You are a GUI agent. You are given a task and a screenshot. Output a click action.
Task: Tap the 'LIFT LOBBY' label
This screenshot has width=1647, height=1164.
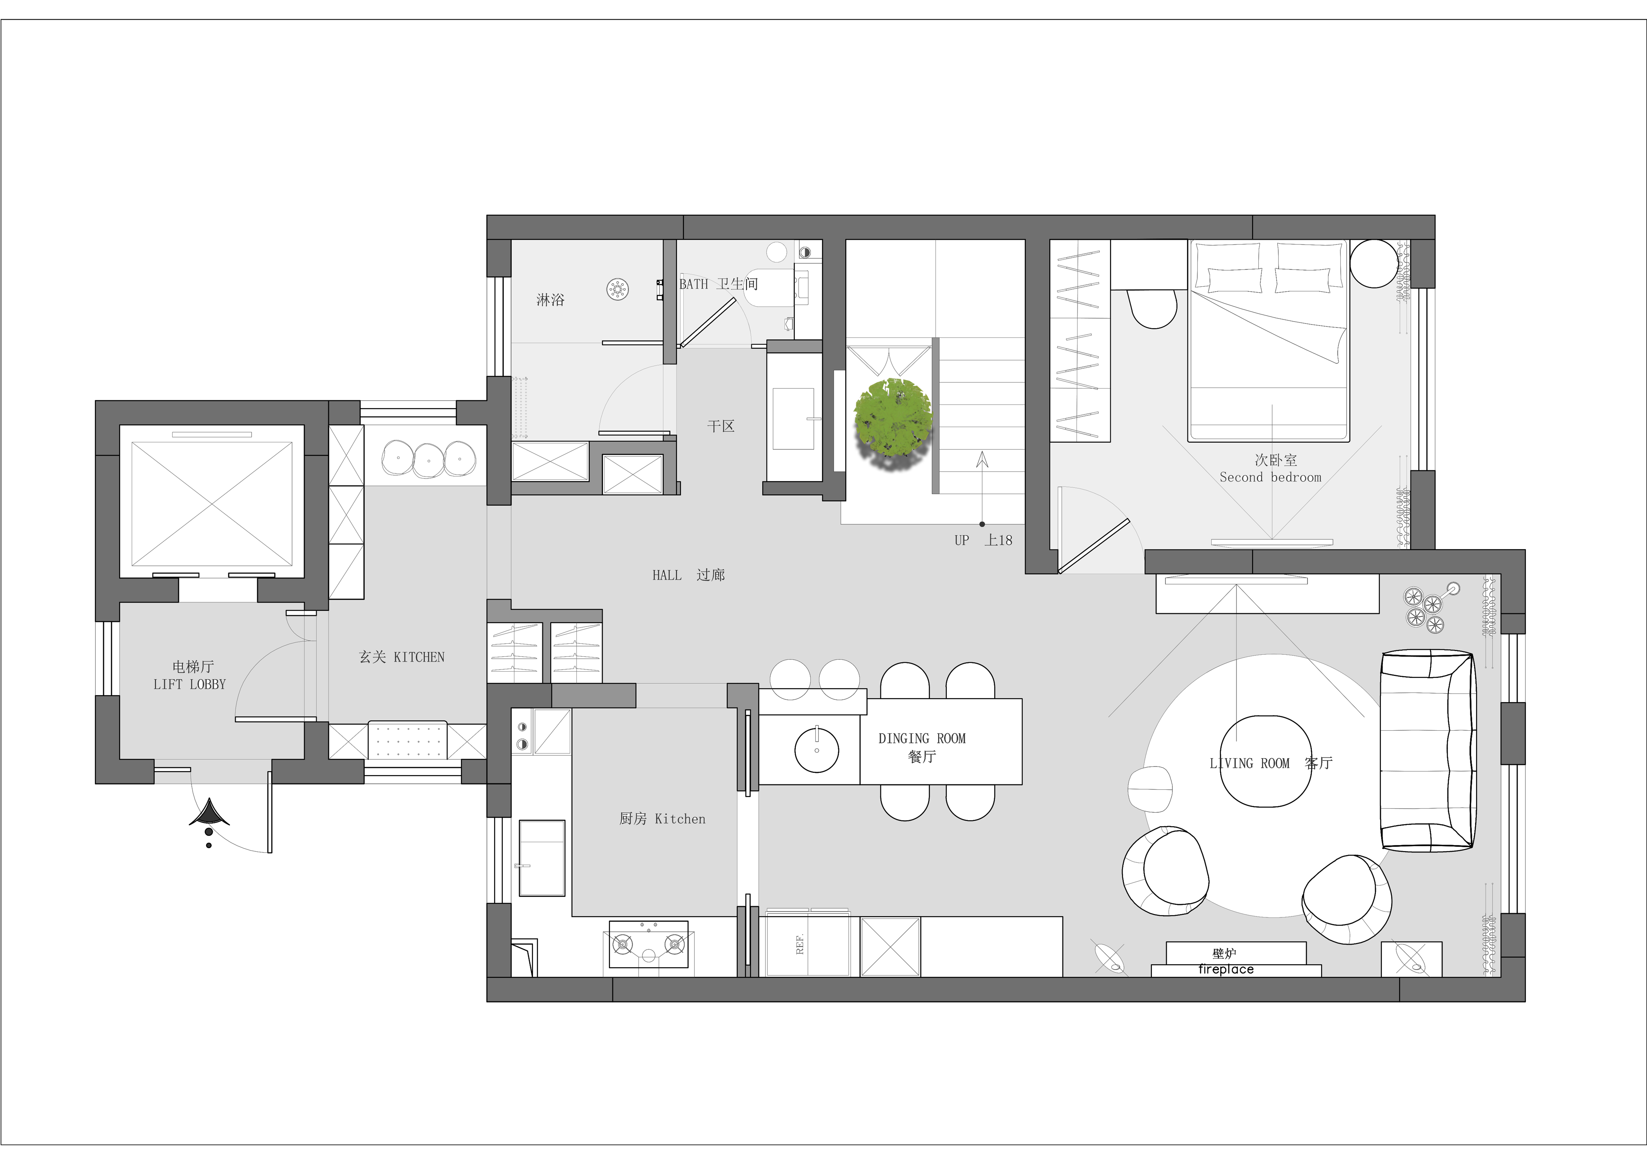[189, 685]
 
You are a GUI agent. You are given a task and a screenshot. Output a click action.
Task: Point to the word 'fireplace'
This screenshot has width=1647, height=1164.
[1226, 970]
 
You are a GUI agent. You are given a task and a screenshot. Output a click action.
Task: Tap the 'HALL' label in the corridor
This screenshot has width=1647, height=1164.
[666, 575]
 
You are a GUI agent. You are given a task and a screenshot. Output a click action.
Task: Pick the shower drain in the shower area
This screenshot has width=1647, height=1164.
[618, 290]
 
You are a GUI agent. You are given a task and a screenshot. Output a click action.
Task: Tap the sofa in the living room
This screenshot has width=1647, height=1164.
[1427, 750]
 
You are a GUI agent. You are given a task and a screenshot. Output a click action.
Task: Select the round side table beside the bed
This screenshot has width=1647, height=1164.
[1374, 263]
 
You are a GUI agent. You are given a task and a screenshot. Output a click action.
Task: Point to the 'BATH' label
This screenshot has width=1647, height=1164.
[694, 284]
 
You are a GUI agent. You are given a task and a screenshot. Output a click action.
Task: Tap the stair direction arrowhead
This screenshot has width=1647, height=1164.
[982, 459]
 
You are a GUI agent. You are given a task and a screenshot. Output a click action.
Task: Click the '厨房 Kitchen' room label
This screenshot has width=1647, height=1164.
[662, 819]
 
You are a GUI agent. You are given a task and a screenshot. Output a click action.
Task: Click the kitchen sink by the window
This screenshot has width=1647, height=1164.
[542, 858]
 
